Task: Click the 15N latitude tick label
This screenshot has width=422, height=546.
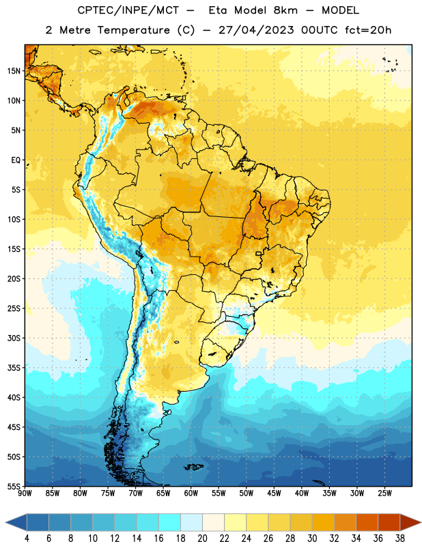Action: [x=14, y=71]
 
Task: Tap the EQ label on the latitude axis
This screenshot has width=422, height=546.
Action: [x=16, y=160]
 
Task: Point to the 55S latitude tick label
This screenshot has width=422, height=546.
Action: [x=14, y=486]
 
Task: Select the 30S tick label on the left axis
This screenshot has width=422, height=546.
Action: [x=14, y=338]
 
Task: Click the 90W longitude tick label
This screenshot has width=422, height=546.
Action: [x=25, y=493]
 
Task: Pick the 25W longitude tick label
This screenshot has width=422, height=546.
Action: [x=384, y=493]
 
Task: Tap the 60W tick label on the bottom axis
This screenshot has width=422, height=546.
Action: [x=191, y=493]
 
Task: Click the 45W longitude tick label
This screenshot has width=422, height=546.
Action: [x=275, y=493]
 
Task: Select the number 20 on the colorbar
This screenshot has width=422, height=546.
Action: [x=202, y=538]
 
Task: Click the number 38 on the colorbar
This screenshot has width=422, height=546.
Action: [x=400, y=538]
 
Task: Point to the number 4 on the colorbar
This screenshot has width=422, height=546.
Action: [x=27, y=538]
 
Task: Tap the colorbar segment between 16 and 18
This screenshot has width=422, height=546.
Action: [x=169, y=522]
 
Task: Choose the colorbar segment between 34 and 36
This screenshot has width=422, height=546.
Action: [x=367, y=522]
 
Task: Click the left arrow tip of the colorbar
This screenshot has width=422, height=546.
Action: [x=5, y=522]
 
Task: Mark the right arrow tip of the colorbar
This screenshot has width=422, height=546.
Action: [x=421, y=522]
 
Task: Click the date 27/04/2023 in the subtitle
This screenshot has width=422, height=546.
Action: [x=256, y=30]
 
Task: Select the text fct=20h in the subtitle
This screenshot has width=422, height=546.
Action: [x=368, y=30]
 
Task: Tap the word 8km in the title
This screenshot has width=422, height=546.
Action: [x=285, y=10]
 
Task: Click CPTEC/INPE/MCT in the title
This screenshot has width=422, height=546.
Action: [x=128, y=10]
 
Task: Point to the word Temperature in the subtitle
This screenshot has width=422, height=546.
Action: [x=133, y=30]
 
